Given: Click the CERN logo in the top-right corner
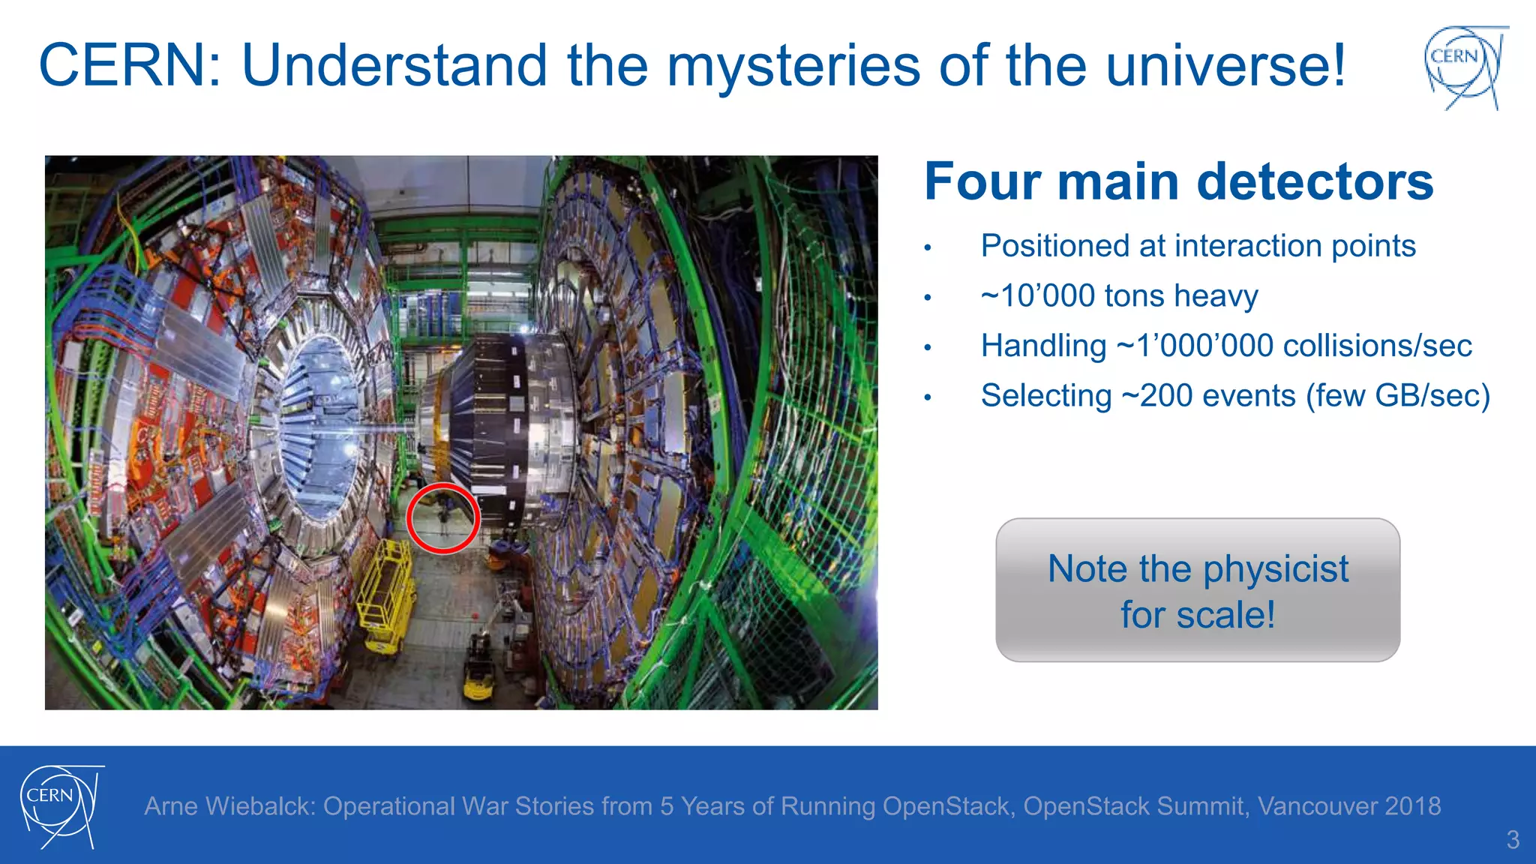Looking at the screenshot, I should click(x=1465, y=67).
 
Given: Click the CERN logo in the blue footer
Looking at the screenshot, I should click(x=60, y=806).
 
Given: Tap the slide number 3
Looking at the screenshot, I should click(x=1513, y=839).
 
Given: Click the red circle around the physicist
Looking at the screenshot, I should click(x=443, y=518).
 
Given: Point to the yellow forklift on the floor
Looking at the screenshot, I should click(x=478, y=667).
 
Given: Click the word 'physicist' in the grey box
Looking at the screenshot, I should click(x=1276, y=568).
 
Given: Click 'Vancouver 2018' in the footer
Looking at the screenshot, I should click(x=1349, y=806).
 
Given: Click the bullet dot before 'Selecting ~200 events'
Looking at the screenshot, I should click(x=928, y=397).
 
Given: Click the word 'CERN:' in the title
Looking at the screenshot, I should click(x=130, y=66).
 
